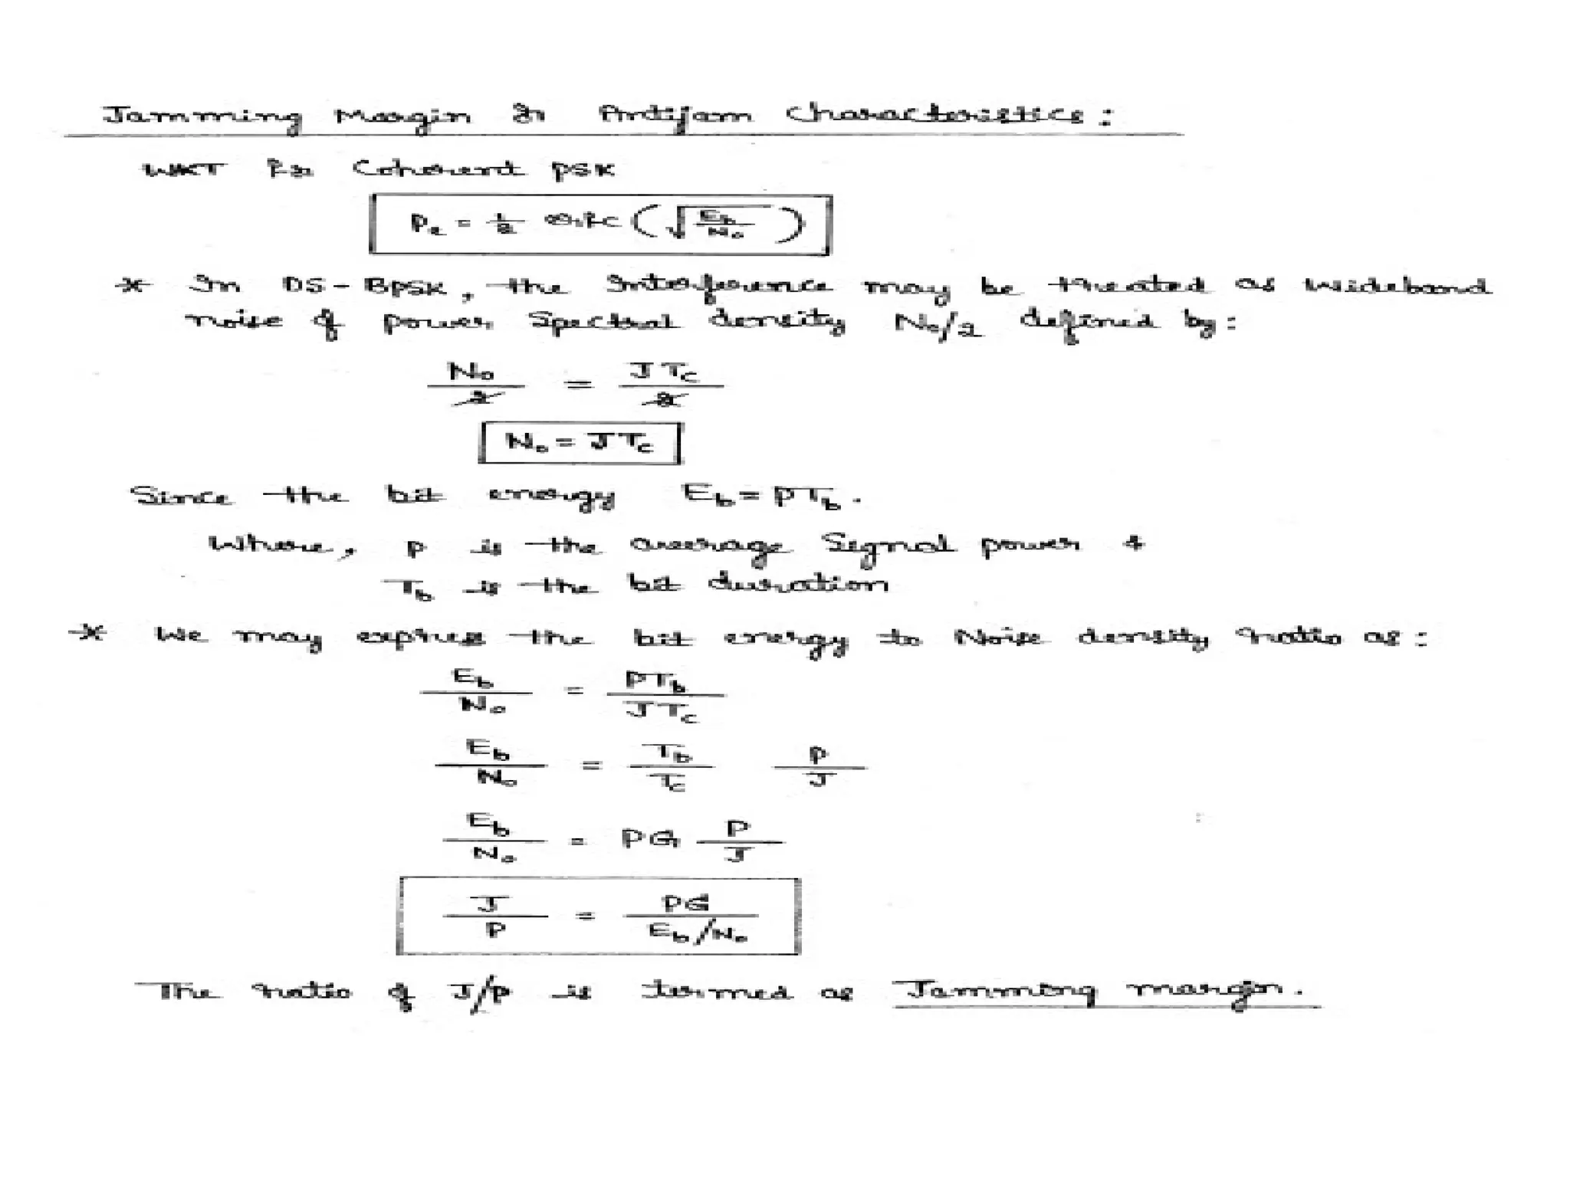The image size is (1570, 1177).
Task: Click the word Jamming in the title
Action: point(202,117)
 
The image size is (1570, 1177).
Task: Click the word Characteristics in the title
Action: point(935,115)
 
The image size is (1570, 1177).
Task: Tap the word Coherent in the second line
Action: point(438,169)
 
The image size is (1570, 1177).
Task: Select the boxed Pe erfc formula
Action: point(600,225)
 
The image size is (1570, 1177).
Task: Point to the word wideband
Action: point(1397,286)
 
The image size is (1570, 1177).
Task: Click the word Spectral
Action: point(603,321)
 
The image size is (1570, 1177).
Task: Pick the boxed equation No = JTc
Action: point(580,443)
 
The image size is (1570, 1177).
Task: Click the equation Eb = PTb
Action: point(770,497)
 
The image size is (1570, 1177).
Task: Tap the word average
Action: point(707,546)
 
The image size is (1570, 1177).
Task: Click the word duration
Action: point(798,585)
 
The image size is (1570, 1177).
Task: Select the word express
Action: point(421,637)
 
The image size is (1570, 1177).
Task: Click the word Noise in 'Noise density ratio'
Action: point(997,637)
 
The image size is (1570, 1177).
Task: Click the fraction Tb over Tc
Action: point(672,766)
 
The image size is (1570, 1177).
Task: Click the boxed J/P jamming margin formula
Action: point(599,916)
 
